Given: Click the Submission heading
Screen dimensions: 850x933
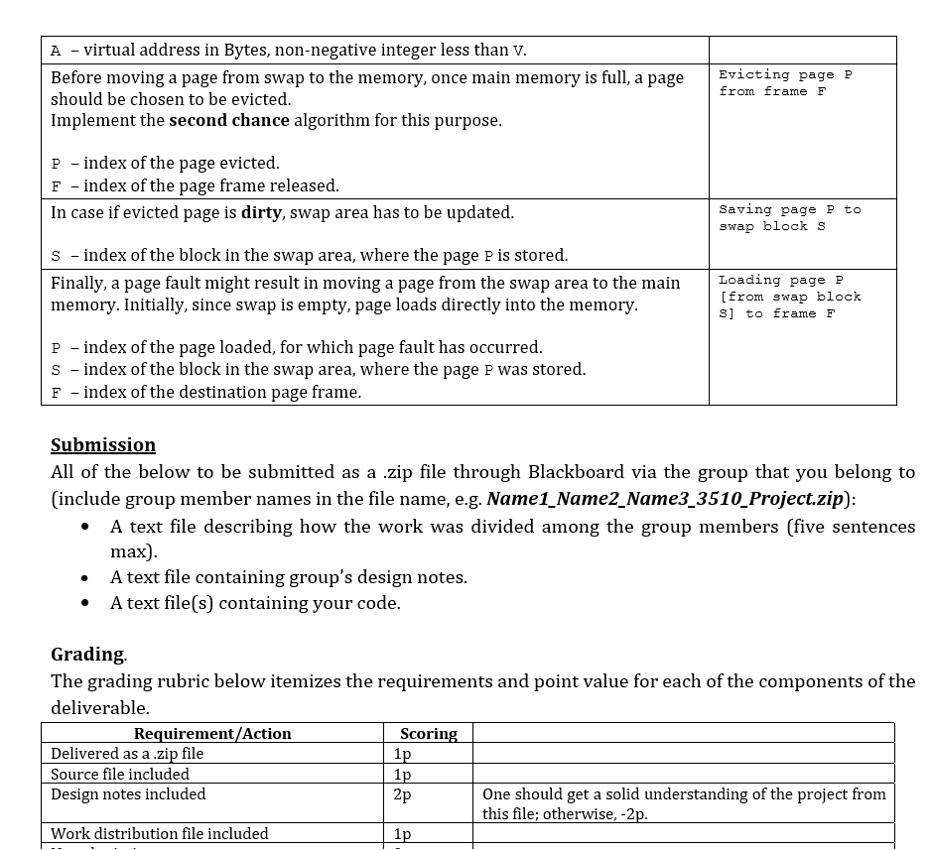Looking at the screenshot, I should [x=103, y=444].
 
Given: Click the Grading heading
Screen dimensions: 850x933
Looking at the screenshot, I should [x=88, y=655].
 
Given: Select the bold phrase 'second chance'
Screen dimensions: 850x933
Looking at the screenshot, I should [x=229, y=121].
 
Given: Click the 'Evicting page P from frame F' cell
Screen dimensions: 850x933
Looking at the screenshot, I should [x=785, y=83].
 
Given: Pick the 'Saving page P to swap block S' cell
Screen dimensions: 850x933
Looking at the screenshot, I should [x=789, y=218].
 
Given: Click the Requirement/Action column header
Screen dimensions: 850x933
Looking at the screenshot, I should [x=212, y=734].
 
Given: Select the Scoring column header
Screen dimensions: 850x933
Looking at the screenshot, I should [x=428, y=734].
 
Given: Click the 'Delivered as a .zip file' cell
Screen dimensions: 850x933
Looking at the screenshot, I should [x=127, y=754].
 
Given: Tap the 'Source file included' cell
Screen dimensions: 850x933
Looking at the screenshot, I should [x=120, y=774].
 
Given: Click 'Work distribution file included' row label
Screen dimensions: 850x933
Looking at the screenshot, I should [x=160, y=834].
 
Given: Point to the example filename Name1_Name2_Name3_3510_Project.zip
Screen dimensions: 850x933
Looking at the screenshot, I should [x=665, y=498].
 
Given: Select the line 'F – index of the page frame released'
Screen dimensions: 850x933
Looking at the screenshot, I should [x=196, y=185].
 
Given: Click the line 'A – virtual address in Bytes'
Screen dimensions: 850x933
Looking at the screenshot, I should [x=289, y=51].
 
